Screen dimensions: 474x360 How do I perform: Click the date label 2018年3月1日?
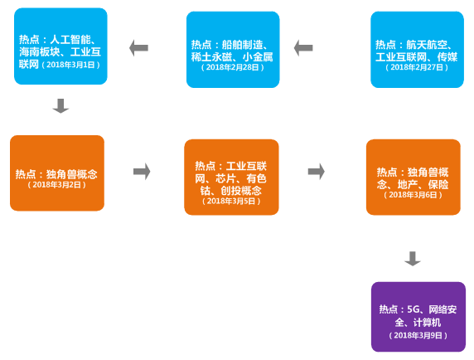click(70, 65)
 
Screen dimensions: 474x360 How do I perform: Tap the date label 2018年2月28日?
click(233, 67)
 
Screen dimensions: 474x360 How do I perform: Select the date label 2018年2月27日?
click(417, 67)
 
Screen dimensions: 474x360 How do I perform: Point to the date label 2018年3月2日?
click(57, 184)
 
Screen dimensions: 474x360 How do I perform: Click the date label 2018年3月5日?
click(231, 201)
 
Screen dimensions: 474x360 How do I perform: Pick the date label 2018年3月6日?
click(413, 195)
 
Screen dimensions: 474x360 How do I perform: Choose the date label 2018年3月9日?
click(418, 335)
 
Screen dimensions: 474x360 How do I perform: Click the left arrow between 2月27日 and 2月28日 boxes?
click(303, 48)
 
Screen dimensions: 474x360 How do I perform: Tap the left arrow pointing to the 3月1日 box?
click(138, 48)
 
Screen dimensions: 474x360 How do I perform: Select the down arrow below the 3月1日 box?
click(60, 106)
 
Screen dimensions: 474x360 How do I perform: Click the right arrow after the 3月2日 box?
click(142, 172)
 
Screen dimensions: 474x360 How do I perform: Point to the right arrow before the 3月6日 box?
click(317, 172)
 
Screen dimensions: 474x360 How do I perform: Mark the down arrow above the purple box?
click(413, 259)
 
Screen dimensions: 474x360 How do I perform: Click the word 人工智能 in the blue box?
click(70, 40)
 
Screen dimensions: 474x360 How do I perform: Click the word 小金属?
click(258, 57)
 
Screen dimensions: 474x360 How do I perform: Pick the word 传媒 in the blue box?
click(447, 57)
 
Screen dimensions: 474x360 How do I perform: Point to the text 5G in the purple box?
click(414, 309)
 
